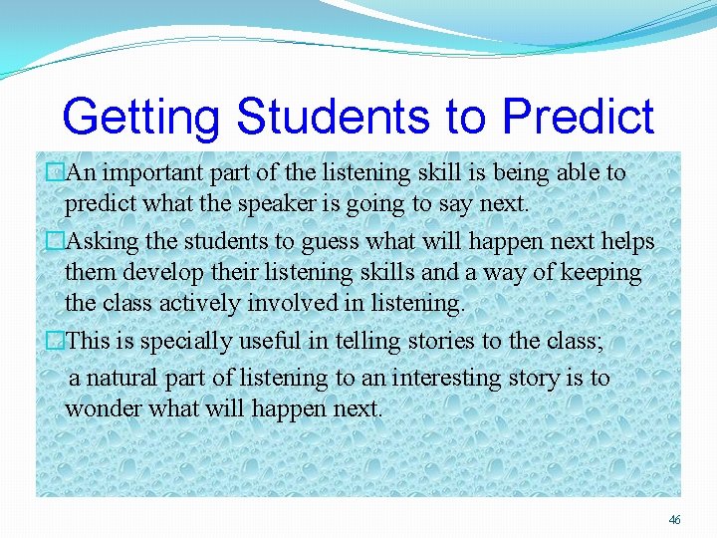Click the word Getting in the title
[140, 118]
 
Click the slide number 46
[675, 520]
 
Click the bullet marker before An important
[56, 173]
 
